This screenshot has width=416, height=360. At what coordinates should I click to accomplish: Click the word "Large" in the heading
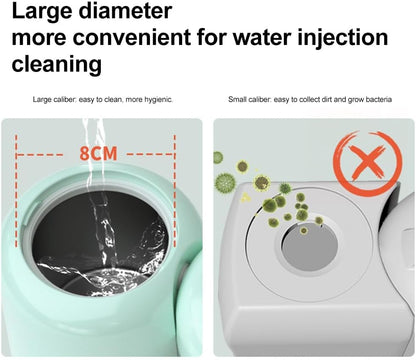(42, 12)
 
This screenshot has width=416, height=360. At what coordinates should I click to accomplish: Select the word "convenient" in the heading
(132, 37)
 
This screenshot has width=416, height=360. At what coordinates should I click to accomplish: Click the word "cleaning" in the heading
(57, 65)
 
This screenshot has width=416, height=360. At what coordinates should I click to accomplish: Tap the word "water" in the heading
(262, 37)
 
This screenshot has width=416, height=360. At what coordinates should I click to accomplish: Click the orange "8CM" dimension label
(98, 153)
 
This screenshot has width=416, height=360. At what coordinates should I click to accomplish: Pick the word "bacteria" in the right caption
(378, 99)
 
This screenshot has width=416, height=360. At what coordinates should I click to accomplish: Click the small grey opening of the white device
(310, 247)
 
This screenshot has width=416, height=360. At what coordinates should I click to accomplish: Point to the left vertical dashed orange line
(16, 191)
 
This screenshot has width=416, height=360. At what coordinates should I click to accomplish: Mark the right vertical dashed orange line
(174, 191)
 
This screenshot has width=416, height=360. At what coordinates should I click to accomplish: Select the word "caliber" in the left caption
(65, 99)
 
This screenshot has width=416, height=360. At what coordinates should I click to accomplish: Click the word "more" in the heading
(39, 38)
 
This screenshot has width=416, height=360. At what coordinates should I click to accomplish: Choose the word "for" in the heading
(212, 37)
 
